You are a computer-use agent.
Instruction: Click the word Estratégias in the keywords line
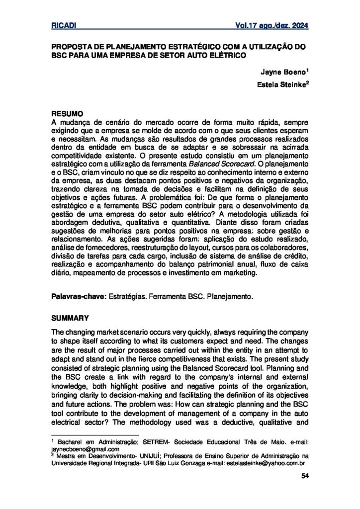(x=122, y=297)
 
